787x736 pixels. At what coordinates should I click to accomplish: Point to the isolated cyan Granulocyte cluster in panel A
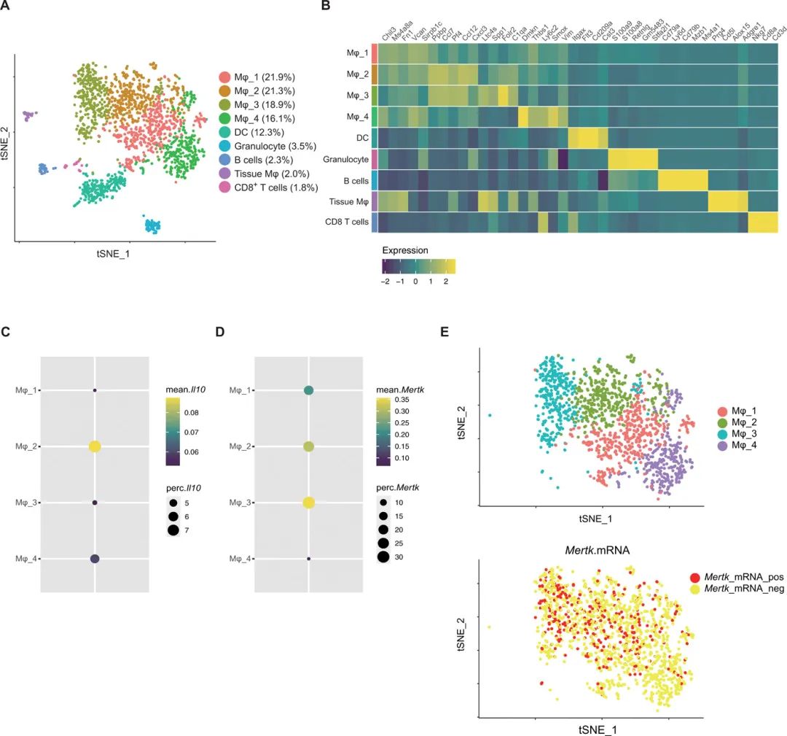[x=153, y=225]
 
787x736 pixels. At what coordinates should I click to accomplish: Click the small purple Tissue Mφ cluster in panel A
[x=29, y=115]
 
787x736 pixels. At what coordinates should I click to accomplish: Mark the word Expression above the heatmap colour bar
[x=407, y=250]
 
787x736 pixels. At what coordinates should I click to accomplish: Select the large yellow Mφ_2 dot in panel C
[x=95, y=446]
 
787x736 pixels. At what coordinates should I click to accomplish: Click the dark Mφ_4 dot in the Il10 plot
[x=95, y=559]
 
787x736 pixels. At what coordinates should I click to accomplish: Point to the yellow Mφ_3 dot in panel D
[x=309, y=503]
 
